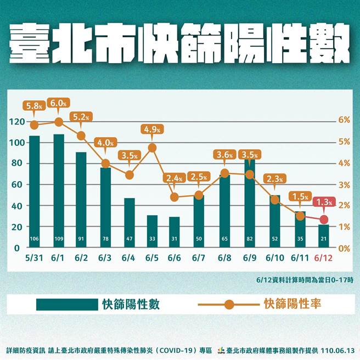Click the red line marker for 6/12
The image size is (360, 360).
(x=324, y=220)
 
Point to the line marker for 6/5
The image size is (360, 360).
(x=153, y=148)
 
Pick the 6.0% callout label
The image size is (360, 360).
(x=59, y=103)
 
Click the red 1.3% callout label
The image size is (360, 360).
(x=324, y=203)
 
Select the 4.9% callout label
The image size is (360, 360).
(x=153, y=130)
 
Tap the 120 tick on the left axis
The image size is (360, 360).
(x=17, y=121)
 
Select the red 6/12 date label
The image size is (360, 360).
(x=324, y=258)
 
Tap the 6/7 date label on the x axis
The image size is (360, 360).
(x=199, y=258)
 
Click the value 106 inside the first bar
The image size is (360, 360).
(x=35, y=239)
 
